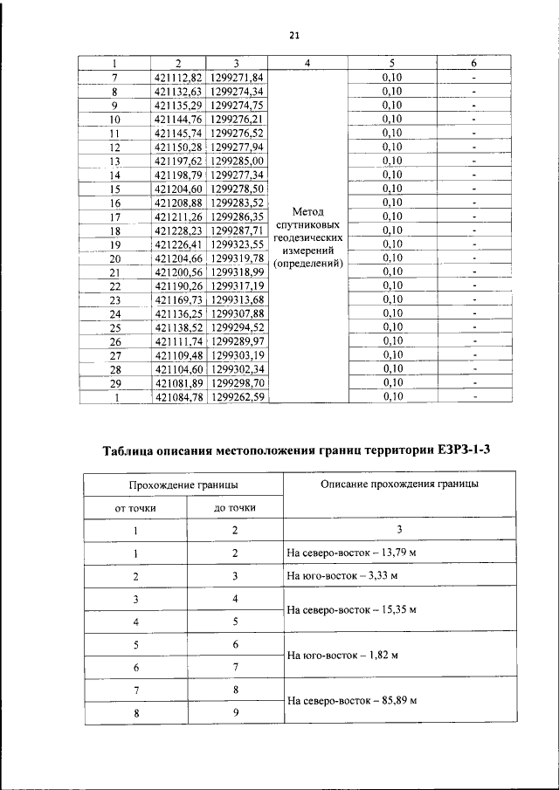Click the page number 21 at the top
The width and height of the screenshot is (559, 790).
[293, 36]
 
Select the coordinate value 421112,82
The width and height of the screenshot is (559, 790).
[177, 77]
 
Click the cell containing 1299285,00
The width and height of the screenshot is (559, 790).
[237, 161]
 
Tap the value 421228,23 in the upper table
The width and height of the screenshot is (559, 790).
[177, 230]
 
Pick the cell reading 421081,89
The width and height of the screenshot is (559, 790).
[177, 383]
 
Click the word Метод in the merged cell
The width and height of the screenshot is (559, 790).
[307, 212]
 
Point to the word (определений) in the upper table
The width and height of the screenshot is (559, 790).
[307, 263]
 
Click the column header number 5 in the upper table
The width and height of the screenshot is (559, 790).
[392, 64]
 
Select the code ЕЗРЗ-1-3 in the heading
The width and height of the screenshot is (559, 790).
[468, 450]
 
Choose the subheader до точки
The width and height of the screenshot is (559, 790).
[235, 507]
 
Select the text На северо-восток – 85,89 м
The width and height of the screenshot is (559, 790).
[352, 700]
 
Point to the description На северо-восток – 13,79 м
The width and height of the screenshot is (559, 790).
[352, 553]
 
